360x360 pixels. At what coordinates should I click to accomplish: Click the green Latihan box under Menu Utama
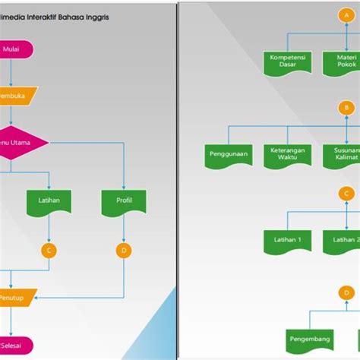click(49, 202)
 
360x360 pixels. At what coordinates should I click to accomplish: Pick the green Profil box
click(124, 202)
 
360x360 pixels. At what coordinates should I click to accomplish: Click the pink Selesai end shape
click(15, 345)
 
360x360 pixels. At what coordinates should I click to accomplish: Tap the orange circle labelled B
click(346, 108)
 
